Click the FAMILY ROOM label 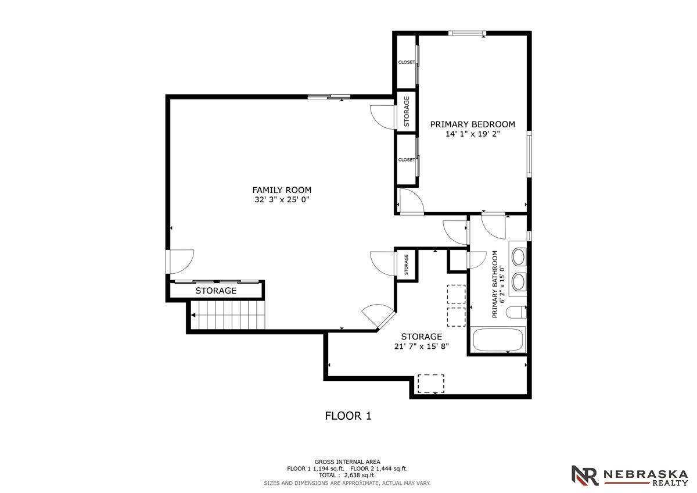coord(282,190)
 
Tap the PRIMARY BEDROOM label coord(472,124)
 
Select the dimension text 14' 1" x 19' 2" coord(473,134)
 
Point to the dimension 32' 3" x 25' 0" coord(282,199)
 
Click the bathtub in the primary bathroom coord(498,340)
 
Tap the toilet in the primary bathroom coord(516,312)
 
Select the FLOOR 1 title coord(348,416)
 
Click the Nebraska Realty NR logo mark coord(585,476)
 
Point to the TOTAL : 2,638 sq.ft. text coord(347,475)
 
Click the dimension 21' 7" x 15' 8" coord(421,346)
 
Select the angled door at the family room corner coord(378,316)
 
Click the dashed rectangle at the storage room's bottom coord(430,384)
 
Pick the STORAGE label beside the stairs coord(215,291)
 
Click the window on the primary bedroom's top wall coord(467,33)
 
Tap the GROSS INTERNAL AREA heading coord(347,462)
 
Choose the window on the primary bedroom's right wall coord(529,154)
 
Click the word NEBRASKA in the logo coord(646,474)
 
